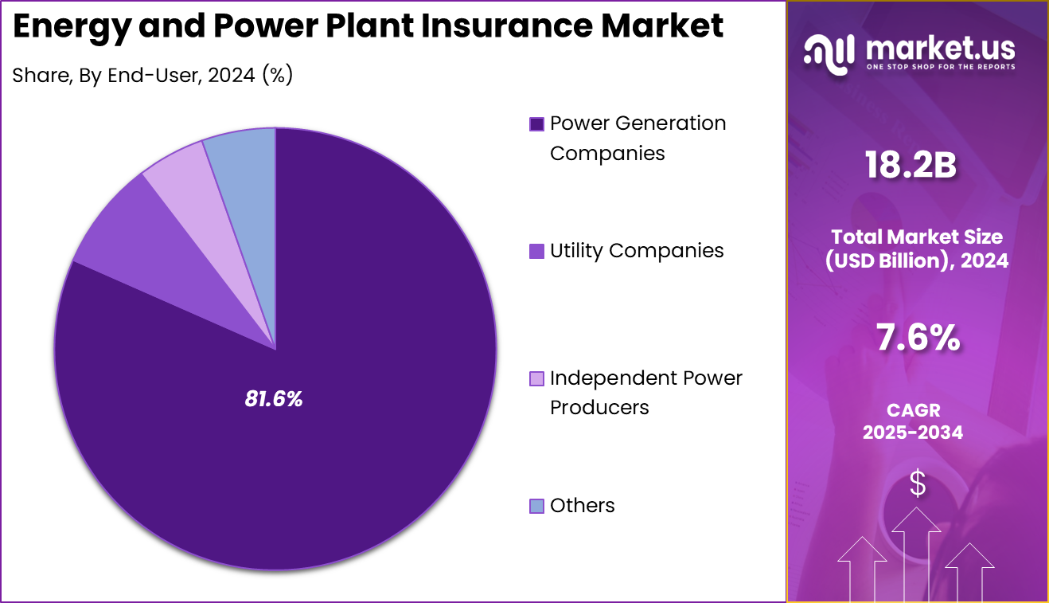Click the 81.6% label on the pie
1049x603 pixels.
pos(274,399)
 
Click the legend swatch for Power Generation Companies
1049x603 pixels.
pos(536,124)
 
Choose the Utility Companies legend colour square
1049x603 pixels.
pos(536,251)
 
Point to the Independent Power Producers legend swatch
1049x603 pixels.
pos(536,378)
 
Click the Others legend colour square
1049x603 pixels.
pos(536,506)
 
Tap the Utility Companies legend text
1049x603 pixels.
pos(637,251)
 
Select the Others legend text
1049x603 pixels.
pos(582,506)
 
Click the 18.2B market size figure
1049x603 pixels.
pos(911,165)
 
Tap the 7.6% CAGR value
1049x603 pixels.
pos(918,337)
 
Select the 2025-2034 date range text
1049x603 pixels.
pos(913,432)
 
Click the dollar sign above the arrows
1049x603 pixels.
pos(918,483)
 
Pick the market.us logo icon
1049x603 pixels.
pos(829,54)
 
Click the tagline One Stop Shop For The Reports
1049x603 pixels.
pos(941,67)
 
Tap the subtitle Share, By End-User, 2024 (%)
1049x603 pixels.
pos(153,75)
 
